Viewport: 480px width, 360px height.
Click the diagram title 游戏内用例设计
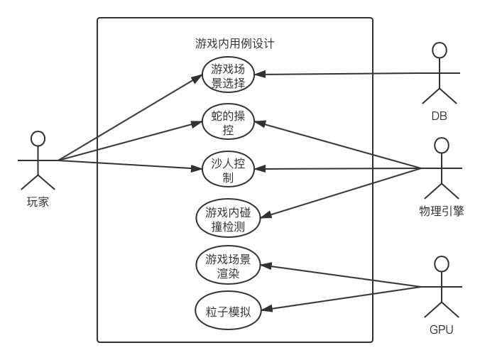click(234, 43)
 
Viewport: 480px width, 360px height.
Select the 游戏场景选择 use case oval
click(228, 76)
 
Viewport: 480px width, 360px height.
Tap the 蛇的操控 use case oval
click(228, 123)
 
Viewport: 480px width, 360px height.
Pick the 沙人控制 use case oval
click(228, 170)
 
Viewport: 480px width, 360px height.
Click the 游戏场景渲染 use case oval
click(228, 264)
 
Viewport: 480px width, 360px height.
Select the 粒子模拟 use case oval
click(228, 311)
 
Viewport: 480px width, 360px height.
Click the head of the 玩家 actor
click(38, 138)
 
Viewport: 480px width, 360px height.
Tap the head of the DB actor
click(440, 50)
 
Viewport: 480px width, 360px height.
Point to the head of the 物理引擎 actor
click(441, 146)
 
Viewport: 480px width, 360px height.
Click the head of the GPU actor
click(441, 264)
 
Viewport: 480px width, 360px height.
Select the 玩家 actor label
click(38, 202)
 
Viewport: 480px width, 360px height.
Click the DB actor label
click(440, 116)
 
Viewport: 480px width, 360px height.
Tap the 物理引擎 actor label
click(441, 210)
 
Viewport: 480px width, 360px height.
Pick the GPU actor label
click(441, 329)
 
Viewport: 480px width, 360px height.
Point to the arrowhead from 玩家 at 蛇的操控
click(200, 124)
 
